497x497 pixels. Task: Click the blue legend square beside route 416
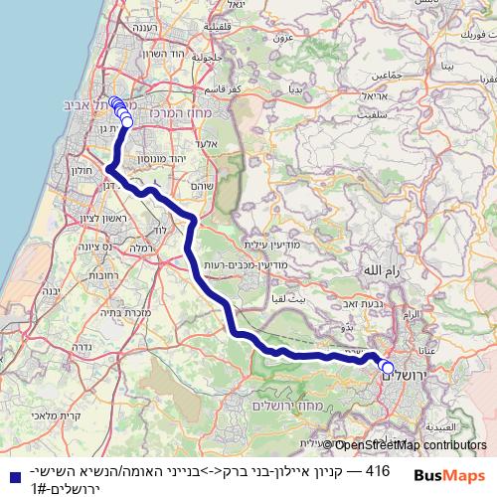(11, 476)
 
